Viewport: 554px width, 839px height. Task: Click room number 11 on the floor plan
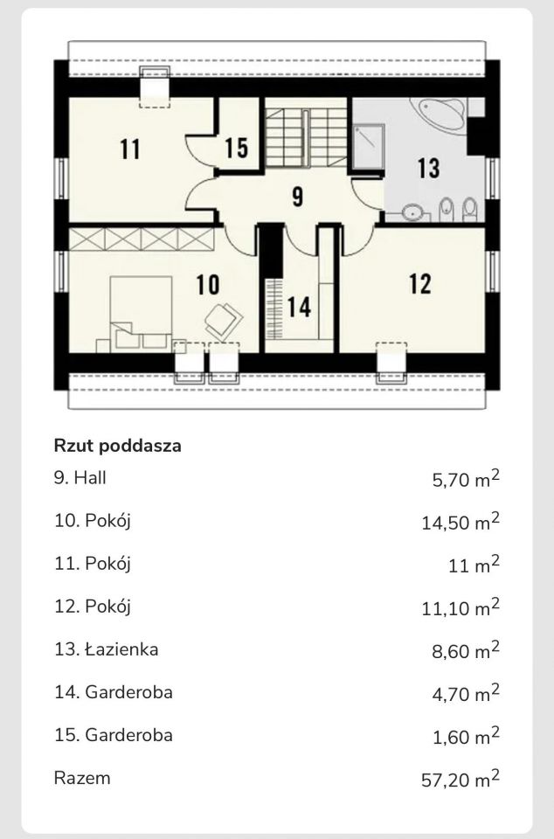pyautogui.click(x=130, y=149)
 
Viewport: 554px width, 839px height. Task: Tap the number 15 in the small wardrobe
pyautogui.click(x=236, y=148)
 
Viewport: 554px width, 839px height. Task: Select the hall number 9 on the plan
pyautogui.click(x=297, y=197)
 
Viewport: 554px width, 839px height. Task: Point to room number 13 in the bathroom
pyautogui.click(x=428, y=167)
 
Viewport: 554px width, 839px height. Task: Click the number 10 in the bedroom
pyautogui.click(x=207, y=284)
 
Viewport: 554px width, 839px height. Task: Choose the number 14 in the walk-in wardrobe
pyautogui.click(x=299, y=308)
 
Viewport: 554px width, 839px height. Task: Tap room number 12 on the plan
pyautogui.click(x=420, y=283)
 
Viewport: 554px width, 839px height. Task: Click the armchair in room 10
pyautogui.click(x=223, y=319)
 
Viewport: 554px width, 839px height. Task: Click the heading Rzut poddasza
pyautogui.click(x=117, y=446)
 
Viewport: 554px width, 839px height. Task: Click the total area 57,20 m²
pyautogui.click(x=460, y=778)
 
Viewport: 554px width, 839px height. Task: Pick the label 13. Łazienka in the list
pyautogui.click(x=106, y=648)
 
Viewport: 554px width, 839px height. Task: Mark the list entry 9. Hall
pyautogui.click(x=80, y=477)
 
